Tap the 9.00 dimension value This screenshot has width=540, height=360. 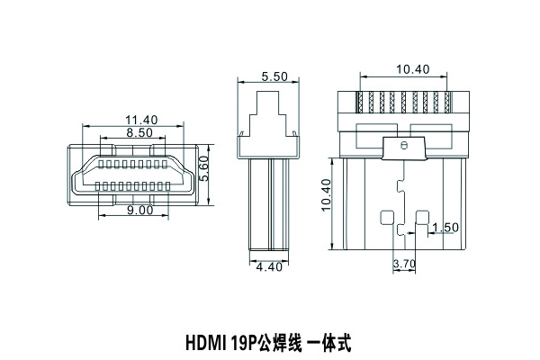pyautogui.click(x=140, y=211)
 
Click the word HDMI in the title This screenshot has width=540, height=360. pyautogui.click(x=205, y=342)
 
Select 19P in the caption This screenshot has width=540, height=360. pyautogui.click(x=244, y=342)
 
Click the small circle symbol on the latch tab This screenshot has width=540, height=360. pyautogui.click(x=403, y=145)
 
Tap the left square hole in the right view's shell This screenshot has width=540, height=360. pyautogui.click(x=387, y=219)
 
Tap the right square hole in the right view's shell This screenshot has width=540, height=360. pyautogui.click(x=421, y=219)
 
